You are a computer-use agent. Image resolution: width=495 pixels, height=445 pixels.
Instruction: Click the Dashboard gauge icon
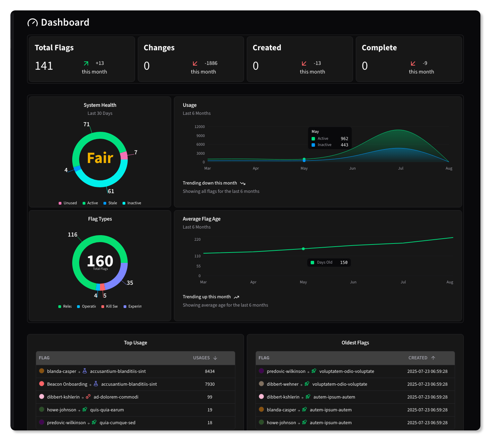tap(32, 23)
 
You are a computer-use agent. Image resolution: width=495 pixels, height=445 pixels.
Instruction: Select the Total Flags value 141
tap(44, 66)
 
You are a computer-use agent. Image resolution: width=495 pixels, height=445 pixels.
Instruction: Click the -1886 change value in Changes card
tap(211, 63)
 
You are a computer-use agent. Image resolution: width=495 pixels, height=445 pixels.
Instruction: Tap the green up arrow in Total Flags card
tap(86, 63)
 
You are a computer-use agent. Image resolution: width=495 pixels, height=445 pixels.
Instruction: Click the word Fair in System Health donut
tap(100, 158)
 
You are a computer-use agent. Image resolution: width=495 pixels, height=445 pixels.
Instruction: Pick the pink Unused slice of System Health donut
tap(124, 155)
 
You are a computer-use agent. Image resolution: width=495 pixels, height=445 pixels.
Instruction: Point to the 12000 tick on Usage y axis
tap(200, 127)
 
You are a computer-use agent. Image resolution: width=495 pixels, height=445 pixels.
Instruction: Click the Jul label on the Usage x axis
tap(401, 168)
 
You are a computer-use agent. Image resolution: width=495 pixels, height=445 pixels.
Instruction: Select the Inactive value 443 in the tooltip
tap(344, 145)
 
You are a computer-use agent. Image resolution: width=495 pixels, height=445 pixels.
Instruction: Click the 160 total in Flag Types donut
tap(100, 261)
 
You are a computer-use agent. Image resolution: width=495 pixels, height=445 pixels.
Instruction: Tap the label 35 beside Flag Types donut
tap(130, 283)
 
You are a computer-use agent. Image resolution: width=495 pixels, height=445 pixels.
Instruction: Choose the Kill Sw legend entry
tap(110, 306)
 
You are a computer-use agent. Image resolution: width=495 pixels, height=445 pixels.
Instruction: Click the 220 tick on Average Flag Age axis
tap(197, 239)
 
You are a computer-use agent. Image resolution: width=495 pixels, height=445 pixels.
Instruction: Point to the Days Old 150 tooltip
tap(329, 263)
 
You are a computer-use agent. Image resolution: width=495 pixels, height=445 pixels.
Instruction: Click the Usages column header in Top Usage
tap(205, 358)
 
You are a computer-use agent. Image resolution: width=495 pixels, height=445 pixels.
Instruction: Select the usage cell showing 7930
tap(210, 384)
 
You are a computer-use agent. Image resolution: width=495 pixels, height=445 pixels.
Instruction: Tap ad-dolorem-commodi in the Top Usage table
tap(116, 397)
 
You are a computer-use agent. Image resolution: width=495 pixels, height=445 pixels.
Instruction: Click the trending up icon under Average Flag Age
tap(236, 297)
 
